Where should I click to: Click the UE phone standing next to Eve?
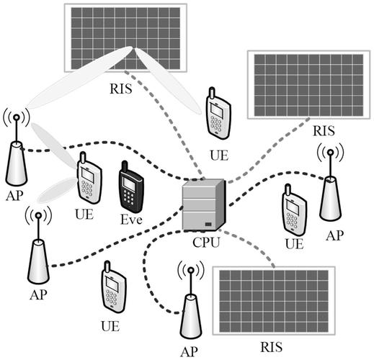88,178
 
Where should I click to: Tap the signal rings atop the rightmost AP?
330,153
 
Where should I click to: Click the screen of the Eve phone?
130,184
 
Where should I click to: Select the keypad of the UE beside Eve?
87,189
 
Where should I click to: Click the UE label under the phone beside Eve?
85,214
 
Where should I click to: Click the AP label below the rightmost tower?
333,235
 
